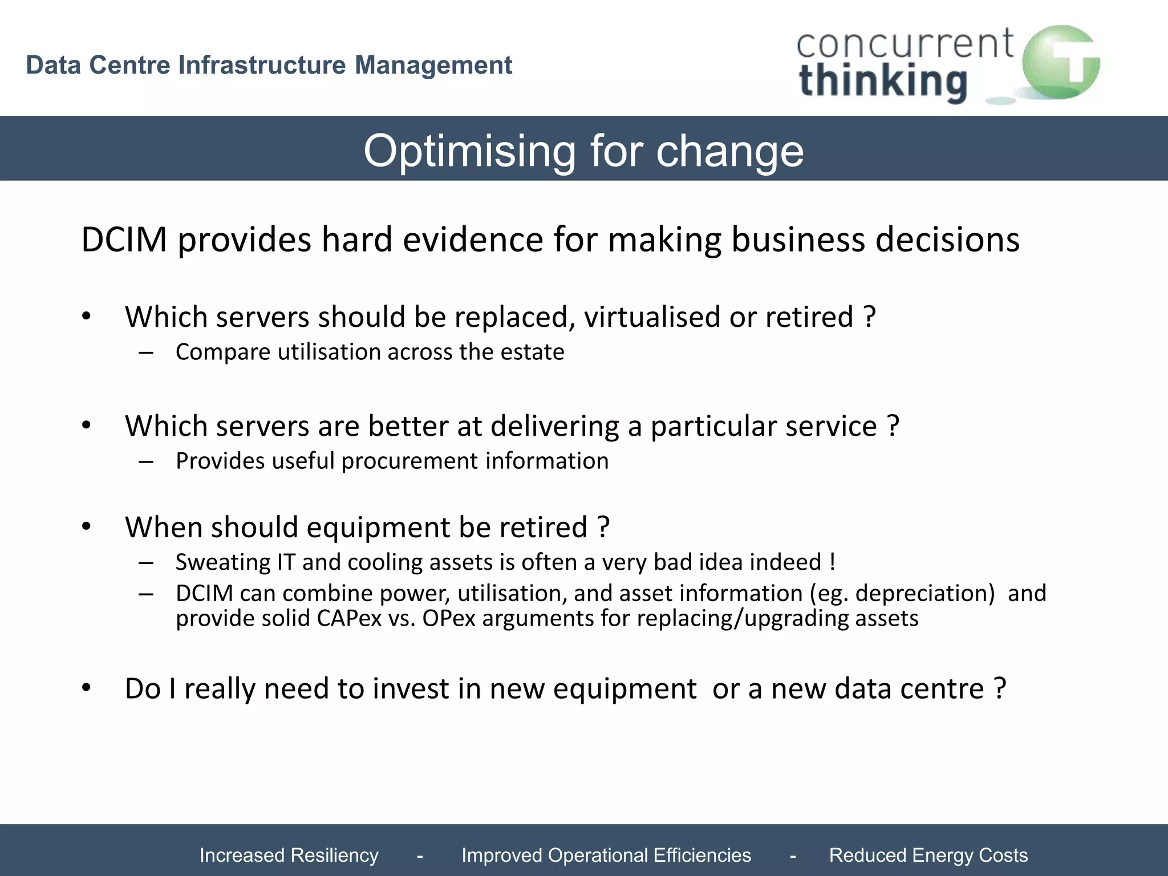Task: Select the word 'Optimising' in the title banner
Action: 469,152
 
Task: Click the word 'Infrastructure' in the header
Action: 262,65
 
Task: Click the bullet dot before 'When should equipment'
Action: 86,526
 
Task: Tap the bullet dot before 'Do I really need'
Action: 86,688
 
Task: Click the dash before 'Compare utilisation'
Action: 146,353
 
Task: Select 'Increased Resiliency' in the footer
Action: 289,855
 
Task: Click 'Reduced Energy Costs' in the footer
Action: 928,855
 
